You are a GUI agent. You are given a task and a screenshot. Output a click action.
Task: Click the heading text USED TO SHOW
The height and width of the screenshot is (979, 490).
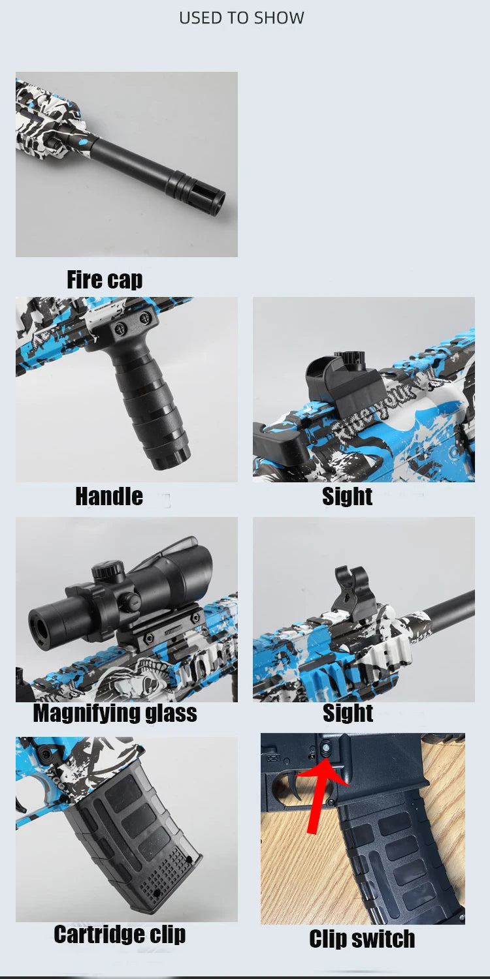pyautogui.click(x=242, y=18)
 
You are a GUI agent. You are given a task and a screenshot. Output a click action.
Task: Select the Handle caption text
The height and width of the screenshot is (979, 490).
pyautogui.click(x=109, y=497)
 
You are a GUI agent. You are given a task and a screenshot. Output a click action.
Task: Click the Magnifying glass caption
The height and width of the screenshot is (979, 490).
pyautogui.click(x=115, y=713)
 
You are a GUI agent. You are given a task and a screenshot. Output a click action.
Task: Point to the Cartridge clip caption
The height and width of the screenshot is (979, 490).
pyautogui.click(x=120, y=934)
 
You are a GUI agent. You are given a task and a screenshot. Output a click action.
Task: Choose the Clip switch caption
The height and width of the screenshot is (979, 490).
pyautogui.click(x=362, y=939)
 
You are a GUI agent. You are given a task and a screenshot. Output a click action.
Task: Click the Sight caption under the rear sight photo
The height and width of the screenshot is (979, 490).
pyautogui.click(x=348, y=496)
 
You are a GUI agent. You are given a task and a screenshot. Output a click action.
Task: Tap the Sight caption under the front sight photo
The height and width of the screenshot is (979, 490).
pyautogui.click(x=348, y=713)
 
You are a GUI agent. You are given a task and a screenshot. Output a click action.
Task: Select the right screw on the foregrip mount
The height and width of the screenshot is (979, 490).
pyautogui.click(x=144, y=318)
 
